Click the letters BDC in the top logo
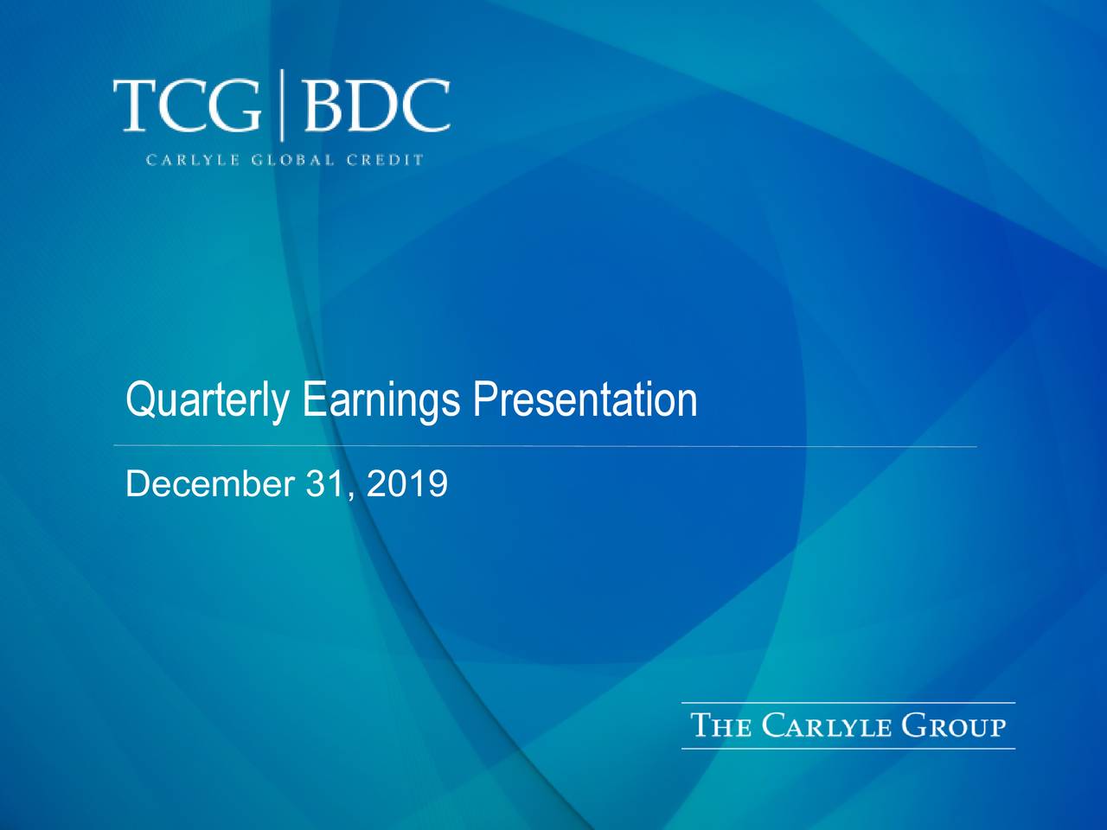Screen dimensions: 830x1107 coord(375,105)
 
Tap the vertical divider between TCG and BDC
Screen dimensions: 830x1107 coord(282,105)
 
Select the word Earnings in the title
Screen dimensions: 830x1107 coord(381,401)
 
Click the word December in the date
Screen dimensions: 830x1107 coord(210,484)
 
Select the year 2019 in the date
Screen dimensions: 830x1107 coord(406,484)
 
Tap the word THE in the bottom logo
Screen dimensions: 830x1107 coord(721,725)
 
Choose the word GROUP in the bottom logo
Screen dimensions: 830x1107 coord(953,725)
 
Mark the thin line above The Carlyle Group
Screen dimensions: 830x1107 coord(848,703)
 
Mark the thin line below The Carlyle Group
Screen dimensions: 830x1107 coord(848,749)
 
